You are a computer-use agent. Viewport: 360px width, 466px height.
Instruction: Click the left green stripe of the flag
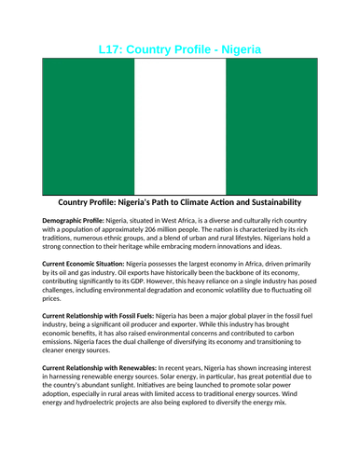89,125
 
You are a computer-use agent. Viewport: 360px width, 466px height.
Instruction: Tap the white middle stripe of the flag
180,125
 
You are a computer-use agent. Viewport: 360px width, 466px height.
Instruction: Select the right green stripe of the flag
271,125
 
